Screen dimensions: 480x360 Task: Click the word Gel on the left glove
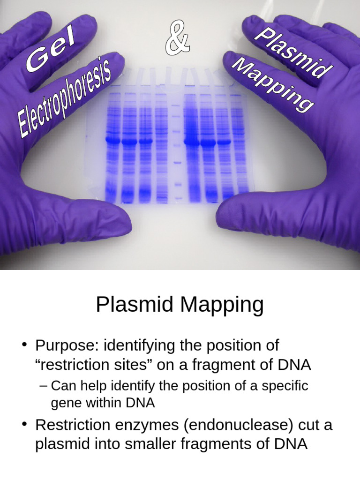(51, 54)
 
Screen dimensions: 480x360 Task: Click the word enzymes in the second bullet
(142, 426)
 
